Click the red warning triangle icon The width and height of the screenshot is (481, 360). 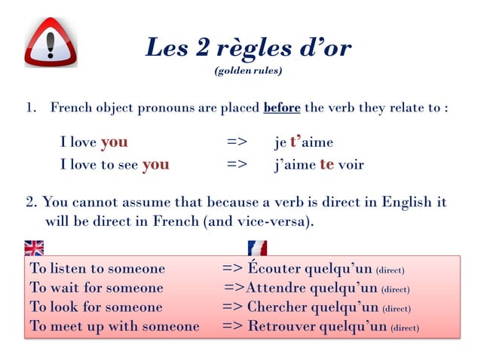point(51,42)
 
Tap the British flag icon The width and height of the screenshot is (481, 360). point(34,248)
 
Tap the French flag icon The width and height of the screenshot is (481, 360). point(257,248)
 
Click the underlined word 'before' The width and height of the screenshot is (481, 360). point(281,108)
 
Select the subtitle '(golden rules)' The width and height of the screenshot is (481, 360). point(249,72)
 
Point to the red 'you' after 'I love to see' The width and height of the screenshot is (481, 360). point(155,164)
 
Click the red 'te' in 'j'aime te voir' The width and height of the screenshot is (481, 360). point(326,164)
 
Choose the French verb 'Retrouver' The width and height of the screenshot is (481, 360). point(282,327)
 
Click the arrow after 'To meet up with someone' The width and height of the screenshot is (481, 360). point(231,327)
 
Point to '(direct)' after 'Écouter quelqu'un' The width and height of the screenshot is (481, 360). point(390,270)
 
